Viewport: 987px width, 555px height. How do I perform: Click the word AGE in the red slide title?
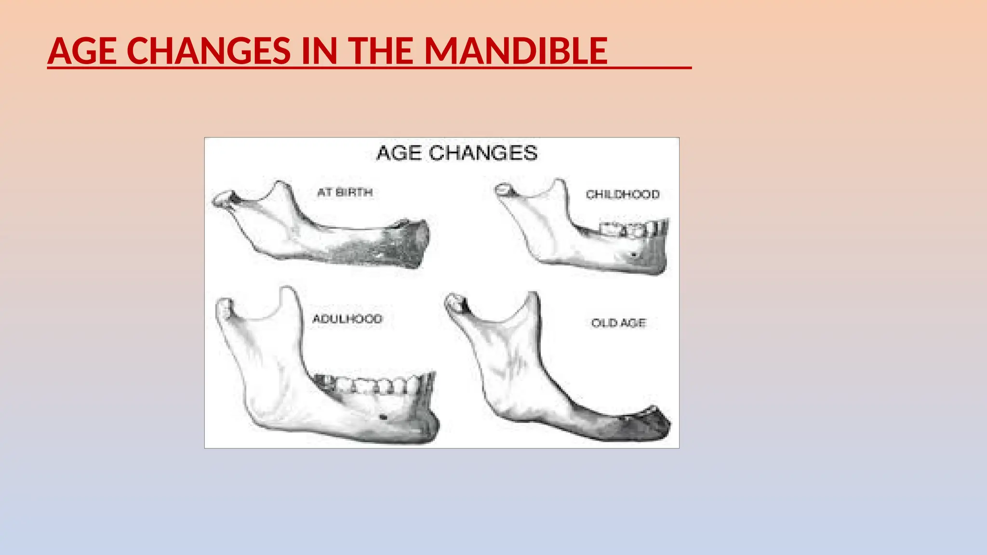point(82,51)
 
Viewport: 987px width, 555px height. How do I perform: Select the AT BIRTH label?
point(345,192)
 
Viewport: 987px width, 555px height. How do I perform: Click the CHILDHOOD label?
point(622,194)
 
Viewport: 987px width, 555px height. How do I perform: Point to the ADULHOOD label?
point(347,318)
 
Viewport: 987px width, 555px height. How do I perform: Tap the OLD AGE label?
point(618,323)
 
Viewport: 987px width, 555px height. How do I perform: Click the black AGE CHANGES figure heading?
point(456,153)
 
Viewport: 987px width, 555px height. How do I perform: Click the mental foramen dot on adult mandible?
point(384,417)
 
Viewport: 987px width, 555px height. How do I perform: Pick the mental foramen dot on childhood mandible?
point(634,254)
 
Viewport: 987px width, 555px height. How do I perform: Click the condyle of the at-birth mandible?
point(223,198)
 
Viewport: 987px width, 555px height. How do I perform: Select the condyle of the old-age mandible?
point(454,302)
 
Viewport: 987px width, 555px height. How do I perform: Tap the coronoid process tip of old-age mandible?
point(532,295)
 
